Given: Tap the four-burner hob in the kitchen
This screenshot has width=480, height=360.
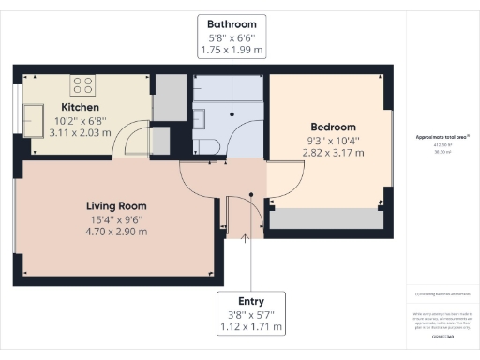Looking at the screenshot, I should coord(82,85).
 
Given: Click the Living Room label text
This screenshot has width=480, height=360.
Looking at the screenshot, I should coord(116,205).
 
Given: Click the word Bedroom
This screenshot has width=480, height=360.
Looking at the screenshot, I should coord(335,127).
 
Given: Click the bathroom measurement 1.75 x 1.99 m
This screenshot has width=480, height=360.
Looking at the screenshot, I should coord(231,49).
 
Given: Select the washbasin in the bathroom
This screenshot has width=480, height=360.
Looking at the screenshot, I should coord(199,116).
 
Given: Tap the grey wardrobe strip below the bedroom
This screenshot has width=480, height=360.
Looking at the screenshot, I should coord(328,218).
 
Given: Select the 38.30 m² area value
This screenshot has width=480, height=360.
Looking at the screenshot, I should coord(442,150).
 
